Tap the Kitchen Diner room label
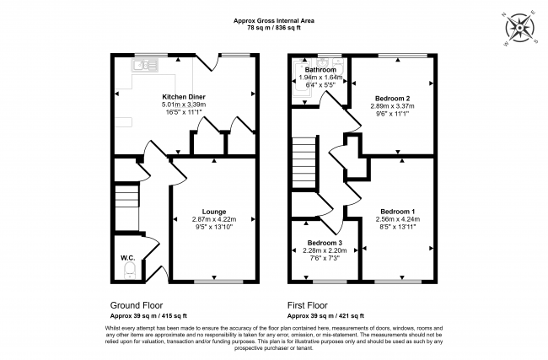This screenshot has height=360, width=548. [184, 97]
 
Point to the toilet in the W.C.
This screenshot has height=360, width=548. [128, 269]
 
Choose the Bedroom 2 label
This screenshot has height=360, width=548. [392, 99]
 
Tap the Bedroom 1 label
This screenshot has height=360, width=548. [397, 211]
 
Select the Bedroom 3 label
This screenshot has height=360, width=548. [324, 242]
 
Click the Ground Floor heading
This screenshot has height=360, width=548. [137, 304]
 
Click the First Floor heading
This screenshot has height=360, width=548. [309, 304]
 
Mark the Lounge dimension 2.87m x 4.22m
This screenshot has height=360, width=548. [213, 219]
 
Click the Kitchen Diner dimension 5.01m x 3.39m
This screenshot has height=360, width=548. [184, 105]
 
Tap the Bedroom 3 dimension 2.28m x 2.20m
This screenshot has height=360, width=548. [324, 250]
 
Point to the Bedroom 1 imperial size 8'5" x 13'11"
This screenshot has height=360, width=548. [397, 227]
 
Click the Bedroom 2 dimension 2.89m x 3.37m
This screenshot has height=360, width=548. [392, 107]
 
